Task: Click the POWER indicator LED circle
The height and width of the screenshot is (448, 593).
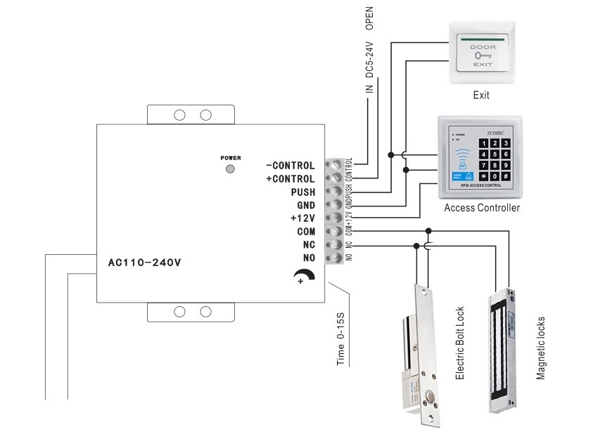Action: [230, 169]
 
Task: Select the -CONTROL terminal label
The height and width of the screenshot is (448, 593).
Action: [291, 166]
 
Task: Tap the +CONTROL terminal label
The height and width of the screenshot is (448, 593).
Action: [291, 179]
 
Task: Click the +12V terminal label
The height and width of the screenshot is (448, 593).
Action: [302, 218]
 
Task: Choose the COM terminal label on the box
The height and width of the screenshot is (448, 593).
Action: [305, 232]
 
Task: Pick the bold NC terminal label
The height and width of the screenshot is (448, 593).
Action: [308, 244]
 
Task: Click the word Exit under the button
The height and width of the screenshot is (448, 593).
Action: [481, 95]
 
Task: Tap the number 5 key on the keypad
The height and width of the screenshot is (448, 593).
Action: [495, 154]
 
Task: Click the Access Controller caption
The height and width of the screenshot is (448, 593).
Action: [482, 209]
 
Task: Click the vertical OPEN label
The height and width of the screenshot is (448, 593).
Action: [369, 18]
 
